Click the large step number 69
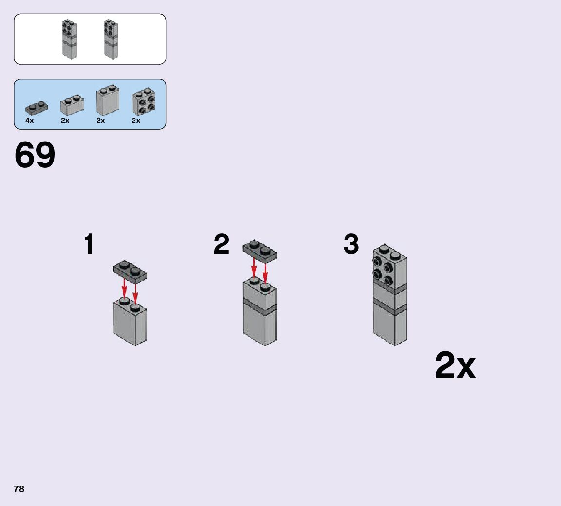[35, 156]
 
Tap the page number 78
[19, 489]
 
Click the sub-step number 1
[89, 244]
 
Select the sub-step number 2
[221, 244]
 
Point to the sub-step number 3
[351, 244]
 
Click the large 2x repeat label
[455, 366]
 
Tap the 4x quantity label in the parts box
[30, 121]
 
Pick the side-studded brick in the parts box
[143, 101]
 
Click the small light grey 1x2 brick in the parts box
[72, 104]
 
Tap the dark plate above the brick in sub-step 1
[130, 270]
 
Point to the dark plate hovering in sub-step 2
[260, 249]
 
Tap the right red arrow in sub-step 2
[265, 273]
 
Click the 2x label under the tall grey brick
[100, 121]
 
